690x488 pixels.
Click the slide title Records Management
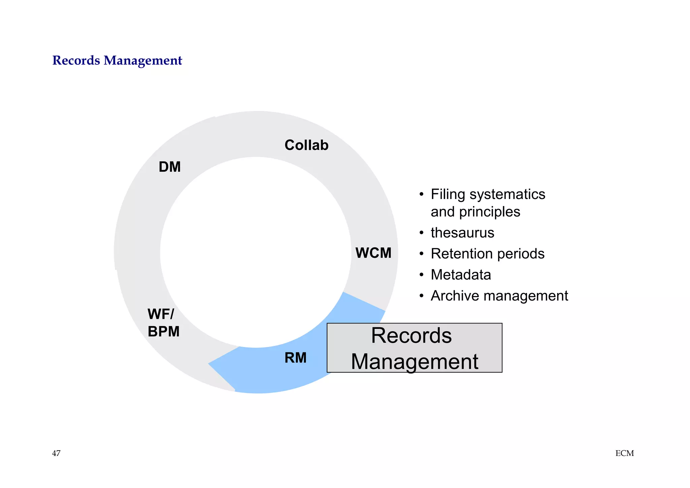117,61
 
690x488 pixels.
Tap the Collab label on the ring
306,145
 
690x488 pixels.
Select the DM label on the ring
169,167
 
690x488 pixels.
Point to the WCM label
373,253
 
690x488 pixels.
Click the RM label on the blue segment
295,358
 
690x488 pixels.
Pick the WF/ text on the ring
161,314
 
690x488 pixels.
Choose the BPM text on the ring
163,332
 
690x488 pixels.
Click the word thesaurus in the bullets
462,233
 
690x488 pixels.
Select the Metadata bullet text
461,275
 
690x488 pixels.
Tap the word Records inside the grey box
411,336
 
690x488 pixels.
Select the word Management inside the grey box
414,362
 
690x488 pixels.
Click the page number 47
56,453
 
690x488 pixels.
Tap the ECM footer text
624,454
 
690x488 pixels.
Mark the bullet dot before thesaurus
421,233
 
